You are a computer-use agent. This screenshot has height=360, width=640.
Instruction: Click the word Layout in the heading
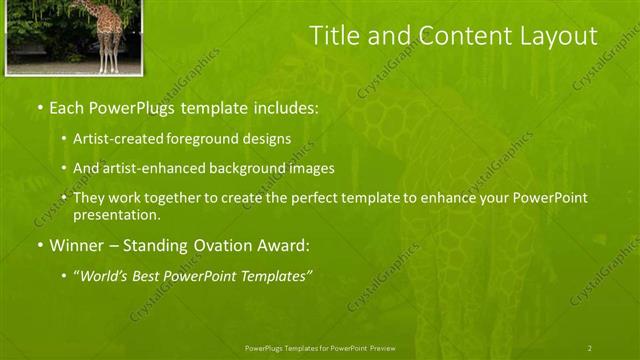coord(561,36)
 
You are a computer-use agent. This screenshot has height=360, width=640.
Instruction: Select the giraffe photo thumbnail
coord(74,36)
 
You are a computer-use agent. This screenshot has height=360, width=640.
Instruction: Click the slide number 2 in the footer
coord(589,347)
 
